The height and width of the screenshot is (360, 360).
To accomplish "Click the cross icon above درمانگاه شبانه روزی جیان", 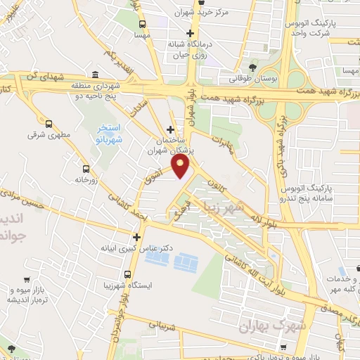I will pyautogui.click(x=189, y=33).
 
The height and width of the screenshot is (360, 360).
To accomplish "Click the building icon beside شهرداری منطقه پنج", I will pyautogui.click(x=96, y=75).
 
